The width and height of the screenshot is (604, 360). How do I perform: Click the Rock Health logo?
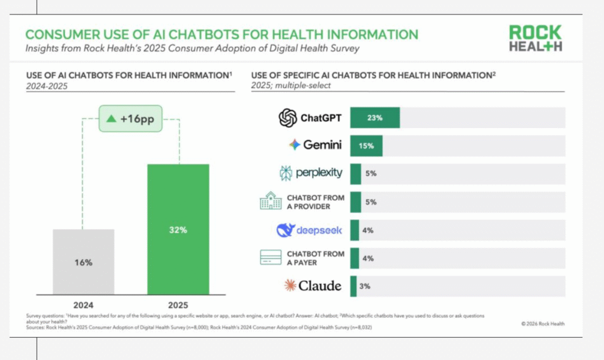click(x=536, y=38)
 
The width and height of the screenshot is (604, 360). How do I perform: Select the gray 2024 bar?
click(x=83, y=263)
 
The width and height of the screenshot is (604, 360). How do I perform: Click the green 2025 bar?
click(x=178, y=230)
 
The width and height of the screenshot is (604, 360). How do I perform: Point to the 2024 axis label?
click(x=83, y=305)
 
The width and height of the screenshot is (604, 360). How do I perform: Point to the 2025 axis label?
click(x=178, y=305)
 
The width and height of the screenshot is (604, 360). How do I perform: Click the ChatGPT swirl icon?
click(x=287, y=118)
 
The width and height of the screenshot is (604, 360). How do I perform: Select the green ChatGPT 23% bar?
click(x=375, y=118)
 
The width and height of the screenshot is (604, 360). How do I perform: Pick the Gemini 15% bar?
click(x=366, y=145)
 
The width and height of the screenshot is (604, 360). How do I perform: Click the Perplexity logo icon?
click(x=286, y=174)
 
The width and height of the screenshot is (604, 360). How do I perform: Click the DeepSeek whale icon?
click(x=285, y=230)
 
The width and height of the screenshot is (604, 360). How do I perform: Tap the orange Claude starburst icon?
click(x=289, y=286)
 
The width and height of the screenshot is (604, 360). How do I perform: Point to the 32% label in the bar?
click(x=178, y=230)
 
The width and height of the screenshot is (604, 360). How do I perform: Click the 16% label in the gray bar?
click(x=83, y=263)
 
